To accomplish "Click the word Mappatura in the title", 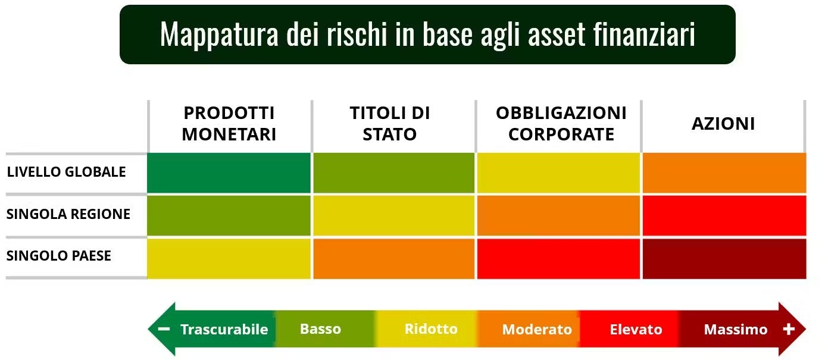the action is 219,35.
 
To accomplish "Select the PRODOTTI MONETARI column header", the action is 229,124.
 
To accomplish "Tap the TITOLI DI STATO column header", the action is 390,124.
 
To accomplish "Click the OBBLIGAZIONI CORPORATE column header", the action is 561,124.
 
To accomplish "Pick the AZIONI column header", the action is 723,124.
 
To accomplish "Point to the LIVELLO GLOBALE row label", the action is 66,172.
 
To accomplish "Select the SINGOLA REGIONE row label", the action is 68,214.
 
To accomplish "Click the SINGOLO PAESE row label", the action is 58,256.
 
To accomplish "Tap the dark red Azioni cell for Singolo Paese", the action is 724,259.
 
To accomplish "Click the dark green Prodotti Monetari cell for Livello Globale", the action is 229,173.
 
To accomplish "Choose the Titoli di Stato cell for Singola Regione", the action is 393,216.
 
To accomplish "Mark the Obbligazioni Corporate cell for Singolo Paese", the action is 558,259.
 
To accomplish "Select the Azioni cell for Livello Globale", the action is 724,173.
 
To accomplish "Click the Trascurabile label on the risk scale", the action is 224,330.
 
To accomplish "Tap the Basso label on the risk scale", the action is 320,329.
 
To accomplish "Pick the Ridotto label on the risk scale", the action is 431,329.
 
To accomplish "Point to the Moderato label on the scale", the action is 537,330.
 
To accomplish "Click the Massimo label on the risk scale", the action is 736,330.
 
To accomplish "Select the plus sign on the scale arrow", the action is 789,329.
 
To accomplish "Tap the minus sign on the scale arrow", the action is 164,328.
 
